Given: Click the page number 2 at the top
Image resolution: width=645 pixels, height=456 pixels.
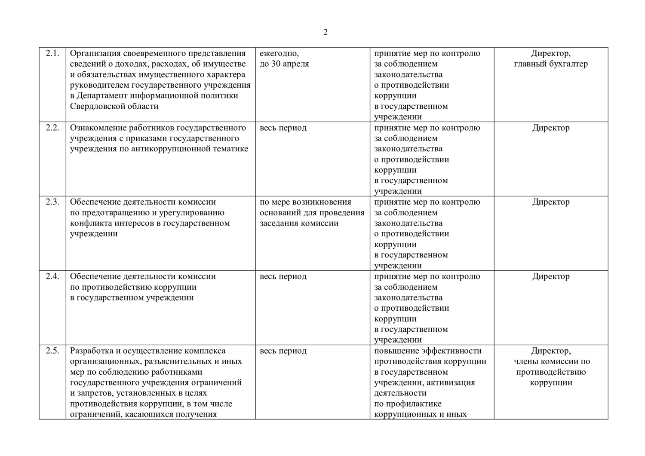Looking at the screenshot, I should click(x=325, y=32).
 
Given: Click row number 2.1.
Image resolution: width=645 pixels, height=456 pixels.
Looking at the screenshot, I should click(x=52, y=54).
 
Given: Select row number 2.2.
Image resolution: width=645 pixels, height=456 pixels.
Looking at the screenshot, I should click(x=52, y=128).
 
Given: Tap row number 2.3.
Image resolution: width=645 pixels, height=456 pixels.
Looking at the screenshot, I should click(x=52, y=202).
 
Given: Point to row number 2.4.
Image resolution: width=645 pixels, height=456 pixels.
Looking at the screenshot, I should click(x=52, y=277).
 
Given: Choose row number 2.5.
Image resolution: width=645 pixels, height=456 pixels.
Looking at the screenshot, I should click(x=52, y=351).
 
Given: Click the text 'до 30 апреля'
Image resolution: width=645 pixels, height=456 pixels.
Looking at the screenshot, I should click(x=284, y=64).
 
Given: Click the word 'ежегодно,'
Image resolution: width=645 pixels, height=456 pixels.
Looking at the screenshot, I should click(x=279, y=54).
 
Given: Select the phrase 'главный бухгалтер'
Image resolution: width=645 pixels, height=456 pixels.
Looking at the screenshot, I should click(x=550, y=64).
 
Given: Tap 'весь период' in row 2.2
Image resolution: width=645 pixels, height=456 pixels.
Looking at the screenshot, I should click(x=283, y=128).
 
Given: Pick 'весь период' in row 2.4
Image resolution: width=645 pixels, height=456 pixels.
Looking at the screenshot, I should click(x=283, y=277).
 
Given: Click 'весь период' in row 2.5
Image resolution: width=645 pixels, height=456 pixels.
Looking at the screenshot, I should click(x=283, y=351).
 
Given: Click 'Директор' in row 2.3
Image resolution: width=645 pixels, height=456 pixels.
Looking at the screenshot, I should click(x=550, y=202).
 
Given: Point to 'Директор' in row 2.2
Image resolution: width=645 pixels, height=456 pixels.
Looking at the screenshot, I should click(x=550, y=128).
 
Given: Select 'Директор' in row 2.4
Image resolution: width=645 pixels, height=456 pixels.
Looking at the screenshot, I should click(x=550, y=277).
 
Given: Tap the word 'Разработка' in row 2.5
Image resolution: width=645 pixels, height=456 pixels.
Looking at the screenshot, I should click(x=91, y=351).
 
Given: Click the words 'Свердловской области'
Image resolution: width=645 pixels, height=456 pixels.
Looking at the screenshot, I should click(x=114, y=106).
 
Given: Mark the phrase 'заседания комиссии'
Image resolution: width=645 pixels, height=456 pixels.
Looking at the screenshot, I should click(x=299, y=223).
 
